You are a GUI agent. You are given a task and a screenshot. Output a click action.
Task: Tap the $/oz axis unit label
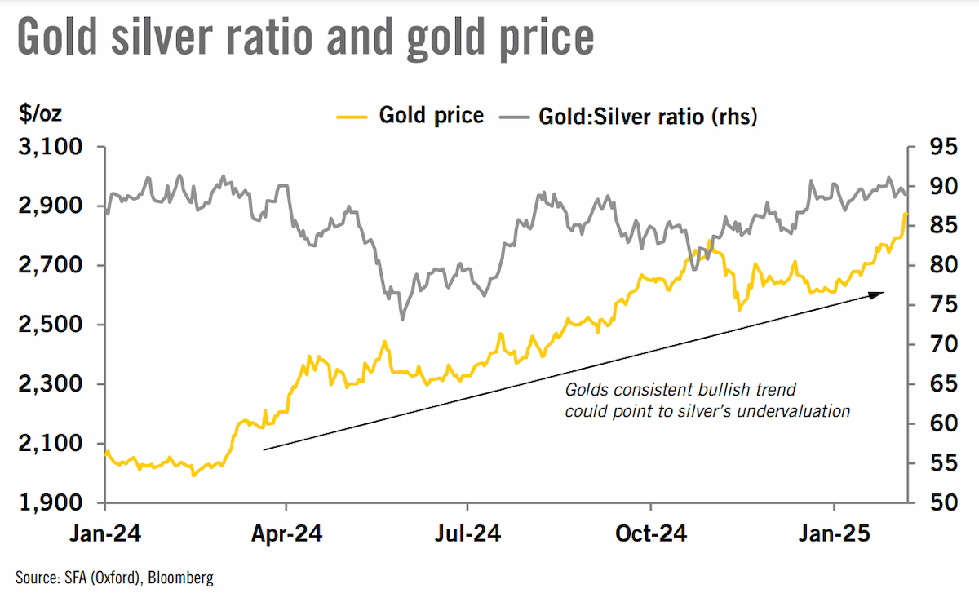click(40, 114)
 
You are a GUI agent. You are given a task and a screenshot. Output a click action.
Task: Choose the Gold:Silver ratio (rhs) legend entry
click(628, 117)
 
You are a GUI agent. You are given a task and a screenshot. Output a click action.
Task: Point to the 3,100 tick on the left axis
click(51, 146)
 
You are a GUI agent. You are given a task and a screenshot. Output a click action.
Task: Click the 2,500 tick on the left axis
click(51, 325)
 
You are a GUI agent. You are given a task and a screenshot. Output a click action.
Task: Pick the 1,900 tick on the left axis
click(51, 502)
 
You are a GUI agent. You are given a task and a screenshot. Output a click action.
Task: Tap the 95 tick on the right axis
click(944, 146)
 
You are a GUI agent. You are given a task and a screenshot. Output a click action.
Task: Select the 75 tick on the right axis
click(944, 304)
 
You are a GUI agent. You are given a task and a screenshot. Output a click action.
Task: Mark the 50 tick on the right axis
click(944, 502)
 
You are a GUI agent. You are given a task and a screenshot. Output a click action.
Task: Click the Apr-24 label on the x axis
click(286, 533)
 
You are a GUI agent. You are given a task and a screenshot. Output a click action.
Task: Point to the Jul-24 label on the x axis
click(467, 533)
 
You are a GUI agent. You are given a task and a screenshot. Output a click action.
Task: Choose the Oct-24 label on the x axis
click(651, 533)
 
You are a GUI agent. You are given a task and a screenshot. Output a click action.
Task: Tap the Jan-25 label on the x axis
click(835, 533)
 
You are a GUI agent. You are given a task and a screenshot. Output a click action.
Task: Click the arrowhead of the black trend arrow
click(877, 295)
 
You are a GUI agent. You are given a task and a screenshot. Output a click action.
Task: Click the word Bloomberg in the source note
click(180, 578)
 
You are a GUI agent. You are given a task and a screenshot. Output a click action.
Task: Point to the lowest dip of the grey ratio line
click(402, 319)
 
